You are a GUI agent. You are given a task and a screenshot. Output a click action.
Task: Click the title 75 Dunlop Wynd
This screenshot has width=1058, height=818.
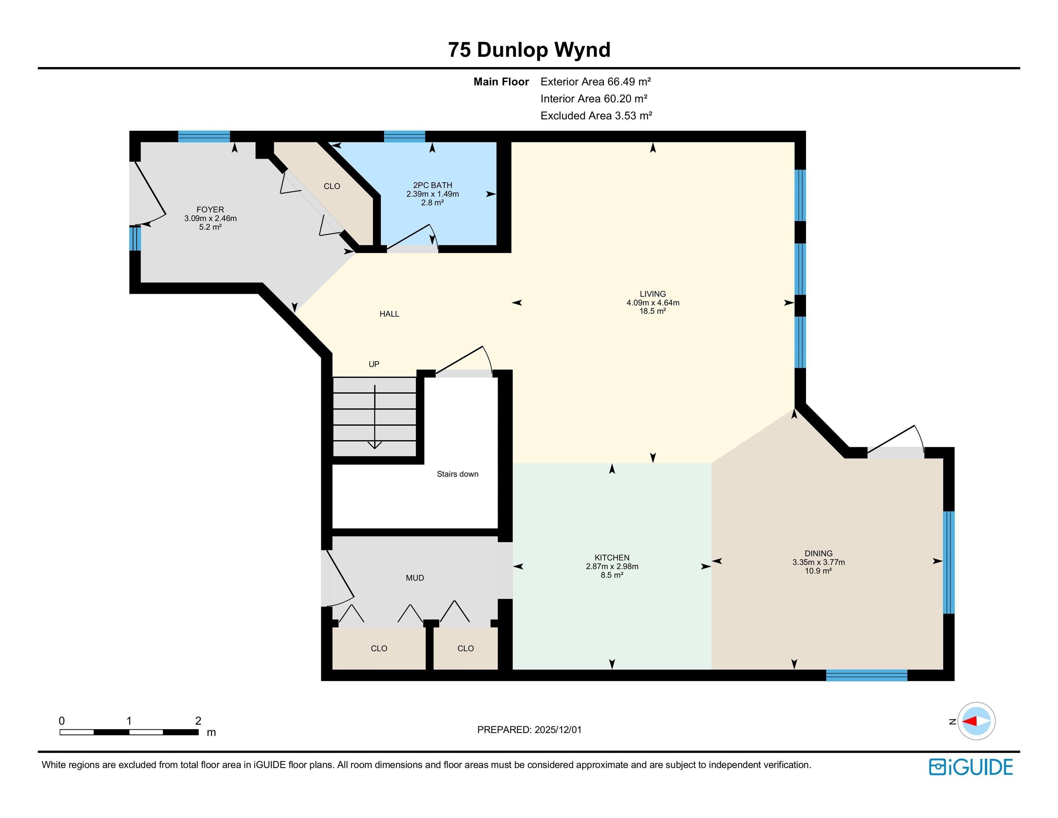click(x=529, y=50)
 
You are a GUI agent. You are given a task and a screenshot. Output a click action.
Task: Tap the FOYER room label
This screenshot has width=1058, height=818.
click(x=210, y=210)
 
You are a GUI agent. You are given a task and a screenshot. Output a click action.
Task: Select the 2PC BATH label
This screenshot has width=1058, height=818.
click(x=432, y=185)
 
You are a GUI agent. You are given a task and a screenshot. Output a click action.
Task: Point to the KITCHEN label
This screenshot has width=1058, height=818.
click(x=612, y=558)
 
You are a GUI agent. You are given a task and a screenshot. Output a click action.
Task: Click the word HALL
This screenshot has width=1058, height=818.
click(x=389, y=314)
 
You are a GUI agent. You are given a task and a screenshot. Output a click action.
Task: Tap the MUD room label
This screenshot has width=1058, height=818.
click(x=415, y=578)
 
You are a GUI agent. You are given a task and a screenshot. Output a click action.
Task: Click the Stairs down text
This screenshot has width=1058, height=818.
click(x=457, y=474)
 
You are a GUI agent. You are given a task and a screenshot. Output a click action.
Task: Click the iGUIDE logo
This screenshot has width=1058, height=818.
click(x=970, y=767)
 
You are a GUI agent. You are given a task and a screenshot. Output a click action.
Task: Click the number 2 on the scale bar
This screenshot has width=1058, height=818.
click(x=198, y=721)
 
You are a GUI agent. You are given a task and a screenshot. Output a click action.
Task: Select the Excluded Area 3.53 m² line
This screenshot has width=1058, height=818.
click(x=596, y=116)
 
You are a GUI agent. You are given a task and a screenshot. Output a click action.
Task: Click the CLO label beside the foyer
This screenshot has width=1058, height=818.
click(x=332, y=186)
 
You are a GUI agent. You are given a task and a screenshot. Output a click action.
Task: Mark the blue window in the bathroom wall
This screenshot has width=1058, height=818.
click(x=405, y=136)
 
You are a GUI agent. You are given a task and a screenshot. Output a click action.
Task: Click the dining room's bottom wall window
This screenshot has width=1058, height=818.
click(x=866, y=675)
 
